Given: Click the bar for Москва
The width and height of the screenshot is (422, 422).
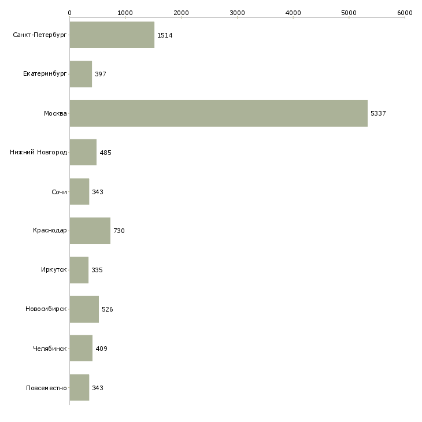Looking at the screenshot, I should tap(219, 113).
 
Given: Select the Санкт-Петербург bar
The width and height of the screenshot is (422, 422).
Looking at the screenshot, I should tap(112, 35).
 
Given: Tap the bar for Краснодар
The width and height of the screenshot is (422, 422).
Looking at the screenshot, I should tap(90, 231).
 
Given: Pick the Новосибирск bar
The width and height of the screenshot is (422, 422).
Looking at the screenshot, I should tap(84, 309).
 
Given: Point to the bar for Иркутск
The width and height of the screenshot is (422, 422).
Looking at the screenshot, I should tap(79, 270).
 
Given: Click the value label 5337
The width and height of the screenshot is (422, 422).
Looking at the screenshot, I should tap(378, 113).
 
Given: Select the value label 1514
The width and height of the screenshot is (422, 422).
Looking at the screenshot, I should tap(165, 35).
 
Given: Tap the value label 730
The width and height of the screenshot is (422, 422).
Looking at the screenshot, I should tap(119, 231).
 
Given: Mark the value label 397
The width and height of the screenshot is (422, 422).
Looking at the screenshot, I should tap(101, 75).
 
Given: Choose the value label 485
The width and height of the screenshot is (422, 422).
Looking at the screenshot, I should tap(105, 153).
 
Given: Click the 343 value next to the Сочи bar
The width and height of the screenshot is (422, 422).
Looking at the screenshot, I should tap(98, 192).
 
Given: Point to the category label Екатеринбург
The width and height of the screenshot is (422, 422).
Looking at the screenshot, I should tap(45, 74).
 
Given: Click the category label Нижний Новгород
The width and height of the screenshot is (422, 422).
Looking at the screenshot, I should tap(39, 153).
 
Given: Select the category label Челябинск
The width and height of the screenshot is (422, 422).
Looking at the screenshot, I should tap(50, 349).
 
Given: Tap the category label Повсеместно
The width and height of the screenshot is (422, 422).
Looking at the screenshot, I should tap(47, 388).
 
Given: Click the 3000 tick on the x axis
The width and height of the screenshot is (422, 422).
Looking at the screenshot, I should tap(237, 12).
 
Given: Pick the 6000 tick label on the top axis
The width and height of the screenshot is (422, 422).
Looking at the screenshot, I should tap(405, 12).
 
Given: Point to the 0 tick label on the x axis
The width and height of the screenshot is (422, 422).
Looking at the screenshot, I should tap(69, 12).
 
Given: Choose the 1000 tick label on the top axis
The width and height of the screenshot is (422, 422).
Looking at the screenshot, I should tap(125, 12).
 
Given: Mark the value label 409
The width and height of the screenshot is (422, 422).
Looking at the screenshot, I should tap(102, 349).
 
